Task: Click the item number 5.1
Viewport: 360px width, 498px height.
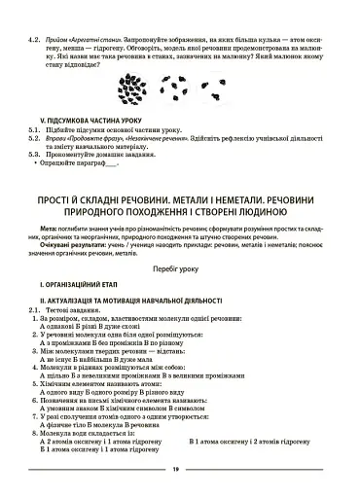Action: point(33,127)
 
